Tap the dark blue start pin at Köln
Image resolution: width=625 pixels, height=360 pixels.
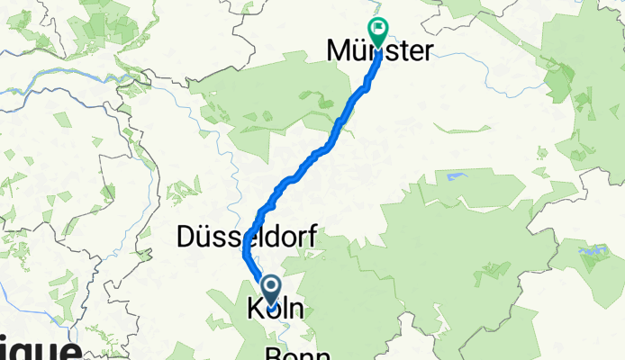click(270, 290)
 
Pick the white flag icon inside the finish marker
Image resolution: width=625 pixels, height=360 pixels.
click(378, 29)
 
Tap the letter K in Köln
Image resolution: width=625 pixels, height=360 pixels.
click(252, 310)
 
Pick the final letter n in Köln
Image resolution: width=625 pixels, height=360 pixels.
click(295, 310)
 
